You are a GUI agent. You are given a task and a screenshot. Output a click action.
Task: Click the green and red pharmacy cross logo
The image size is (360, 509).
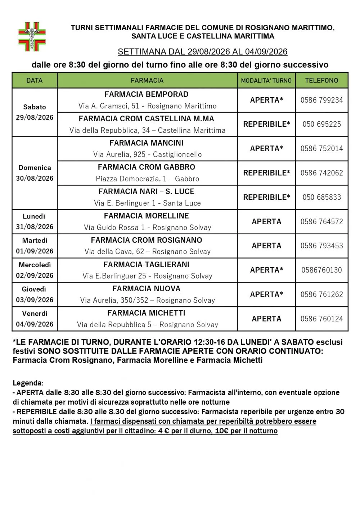point(32,37)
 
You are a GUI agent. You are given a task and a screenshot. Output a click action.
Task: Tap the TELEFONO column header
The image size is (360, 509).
point(321,81)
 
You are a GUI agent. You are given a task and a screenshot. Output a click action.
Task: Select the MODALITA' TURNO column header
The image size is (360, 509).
point(266,81)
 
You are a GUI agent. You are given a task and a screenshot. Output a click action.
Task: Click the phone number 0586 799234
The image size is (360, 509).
point(321,100)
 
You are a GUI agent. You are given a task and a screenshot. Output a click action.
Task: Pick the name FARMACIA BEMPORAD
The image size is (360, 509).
point(147,94)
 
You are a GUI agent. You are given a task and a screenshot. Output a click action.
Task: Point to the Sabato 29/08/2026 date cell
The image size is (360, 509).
point(35,112)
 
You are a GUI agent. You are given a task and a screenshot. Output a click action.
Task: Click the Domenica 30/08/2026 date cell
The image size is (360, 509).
point(35,173)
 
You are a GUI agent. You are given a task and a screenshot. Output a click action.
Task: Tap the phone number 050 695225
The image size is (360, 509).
point(321,124)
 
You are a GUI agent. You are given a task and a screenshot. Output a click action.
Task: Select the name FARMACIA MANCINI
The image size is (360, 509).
point(147,143)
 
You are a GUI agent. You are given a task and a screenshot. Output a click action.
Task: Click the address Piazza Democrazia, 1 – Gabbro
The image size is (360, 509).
point(147,179)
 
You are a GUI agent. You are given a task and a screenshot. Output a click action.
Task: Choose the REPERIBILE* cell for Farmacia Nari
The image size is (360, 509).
point(266,197)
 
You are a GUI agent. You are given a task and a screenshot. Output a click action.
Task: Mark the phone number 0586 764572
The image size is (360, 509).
point(321,222)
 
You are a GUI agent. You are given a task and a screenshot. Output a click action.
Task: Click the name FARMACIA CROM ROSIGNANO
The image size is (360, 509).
point(147,240)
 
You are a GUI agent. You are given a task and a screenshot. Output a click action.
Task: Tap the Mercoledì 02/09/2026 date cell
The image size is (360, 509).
point(35,270)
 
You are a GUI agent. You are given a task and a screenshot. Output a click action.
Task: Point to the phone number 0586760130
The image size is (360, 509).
point(321,270)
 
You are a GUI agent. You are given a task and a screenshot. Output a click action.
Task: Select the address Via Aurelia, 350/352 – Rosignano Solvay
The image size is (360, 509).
point(147,300)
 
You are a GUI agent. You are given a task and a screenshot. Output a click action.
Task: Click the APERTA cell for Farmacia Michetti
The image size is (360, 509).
point(266,319)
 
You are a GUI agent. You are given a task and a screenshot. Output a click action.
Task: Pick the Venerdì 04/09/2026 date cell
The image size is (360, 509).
point(35,319)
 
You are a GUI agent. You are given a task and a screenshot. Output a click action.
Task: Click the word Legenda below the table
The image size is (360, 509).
point(28,383)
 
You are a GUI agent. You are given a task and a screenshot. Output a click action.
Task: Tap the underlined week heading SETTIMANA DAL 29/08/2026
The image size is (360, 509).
point(202,52)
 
